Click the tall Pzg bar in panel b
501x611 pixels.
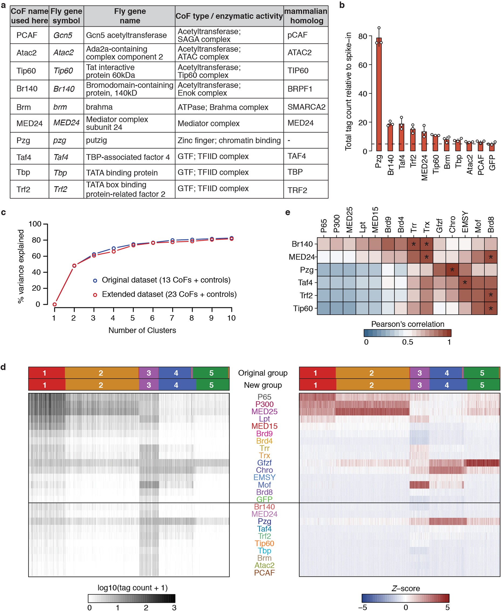pos(379,95)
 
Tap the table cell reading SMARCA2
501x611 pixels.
pos(306,107)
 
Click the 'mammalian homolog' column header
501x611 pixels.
pos(306,16)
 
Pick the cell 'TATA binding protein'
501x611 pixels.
pos(122,173)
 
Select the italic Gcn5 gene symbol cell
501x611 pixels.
pos(63,35)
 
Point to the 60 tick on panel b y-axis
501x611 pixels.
pos(363,65)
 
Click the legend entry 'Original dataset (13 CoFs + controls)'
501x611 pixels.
pos(166,280)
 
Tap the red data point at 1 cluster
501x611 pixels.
pos(54,304)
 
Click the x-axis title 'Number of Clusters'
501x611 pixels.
pos(142,330)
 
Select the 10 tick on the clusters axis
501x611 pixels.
pos(231,318)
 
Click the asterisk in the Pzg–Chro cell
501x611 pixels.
pos(452,270)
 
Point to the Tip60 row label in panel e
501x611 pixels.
pos(303,308)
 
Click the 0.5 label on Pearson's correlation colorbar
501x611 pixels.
pos(407,342)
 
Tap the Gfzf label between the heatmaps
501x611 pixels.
pos(264,463)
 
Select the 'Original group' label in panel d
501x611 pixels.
pos(263,373)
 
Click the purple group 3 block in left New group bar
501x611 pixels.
pos(149,385)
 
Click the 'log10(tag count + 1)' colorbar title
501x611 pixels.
pos(132,588)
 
